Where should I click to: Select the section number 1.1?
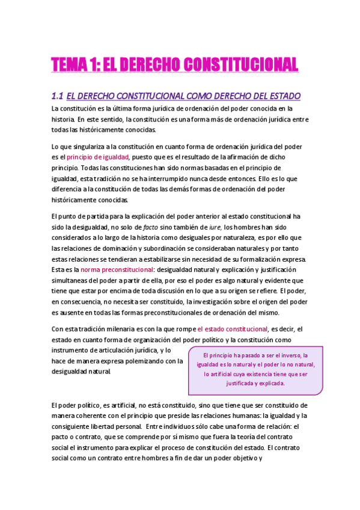[57, 96]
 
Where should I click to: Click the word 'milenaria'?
[126, 329]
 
